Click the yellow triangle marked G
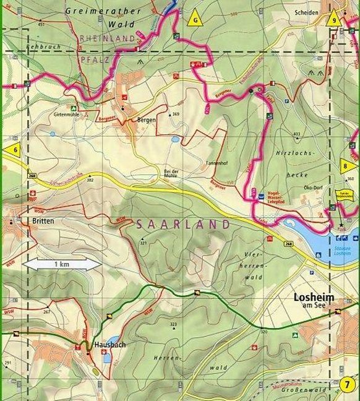196,19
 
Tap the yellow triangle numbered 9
335,18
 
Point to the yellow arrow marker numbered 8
348,165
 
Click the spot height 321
144,244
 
